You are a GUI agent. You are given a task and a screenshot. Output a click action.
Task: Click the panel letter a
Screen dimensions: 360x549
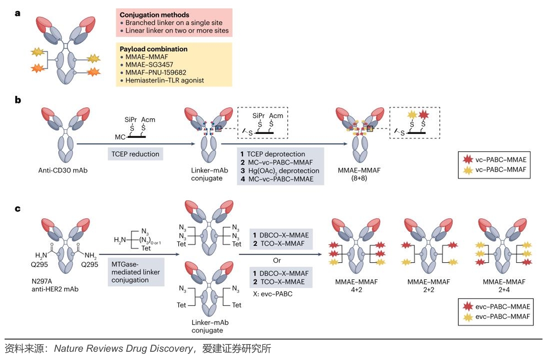(x=18, y=13)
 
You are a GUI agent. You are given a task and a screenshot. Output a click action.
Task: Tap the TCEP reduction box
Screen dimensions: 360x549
(x=136, y=154)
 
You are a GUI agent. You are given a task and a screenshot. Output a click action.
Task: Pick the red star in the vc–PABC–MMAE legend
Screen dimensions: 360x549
(x=467, y=160)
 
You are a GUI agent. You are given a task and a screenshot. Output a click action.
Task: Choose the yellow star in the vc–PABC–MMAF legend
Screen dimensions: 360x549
(x=467, y=170)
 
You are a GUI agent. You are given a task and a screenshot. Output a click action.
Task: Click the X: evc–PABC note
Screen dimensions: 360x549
(x=273, y=294)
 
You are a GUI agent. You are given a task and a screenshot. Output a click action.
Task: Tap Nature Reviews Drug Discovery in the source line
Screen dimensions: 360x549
(x=124, y=349)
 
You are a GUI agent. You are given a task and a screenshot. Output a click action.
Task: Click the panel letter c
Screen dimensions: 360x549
(x=18, y=208)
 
